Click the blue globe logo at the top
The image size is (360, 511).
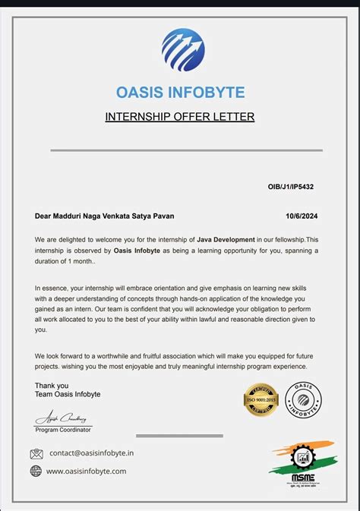point(182,50)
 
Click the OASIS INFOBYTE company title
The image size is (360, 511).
point(180,93)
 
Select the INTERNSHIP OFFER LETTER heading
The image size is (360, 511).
point(179,116)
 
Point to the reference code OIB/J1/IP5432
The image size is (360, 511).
point(292,185)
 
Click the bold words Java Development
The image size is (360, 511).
point(226,239)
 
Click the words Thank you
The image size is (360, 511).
point(51,385)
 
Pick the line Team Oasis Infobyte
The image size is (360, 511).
point(68,394)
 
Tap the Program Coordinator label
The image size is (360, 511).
point(63,430)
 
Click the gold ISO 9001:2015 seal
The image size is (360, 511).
point(261,400)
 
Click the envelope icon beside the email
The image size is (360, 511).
point(36,454)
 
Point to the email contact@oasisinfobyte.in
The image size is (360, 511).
point(92,453)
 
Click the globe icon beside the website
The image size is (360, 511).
point(36,471)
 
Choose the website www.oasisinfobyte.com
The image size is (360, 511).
point(87,471)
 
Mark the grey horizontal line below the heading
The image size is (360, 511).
point(186,150)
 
